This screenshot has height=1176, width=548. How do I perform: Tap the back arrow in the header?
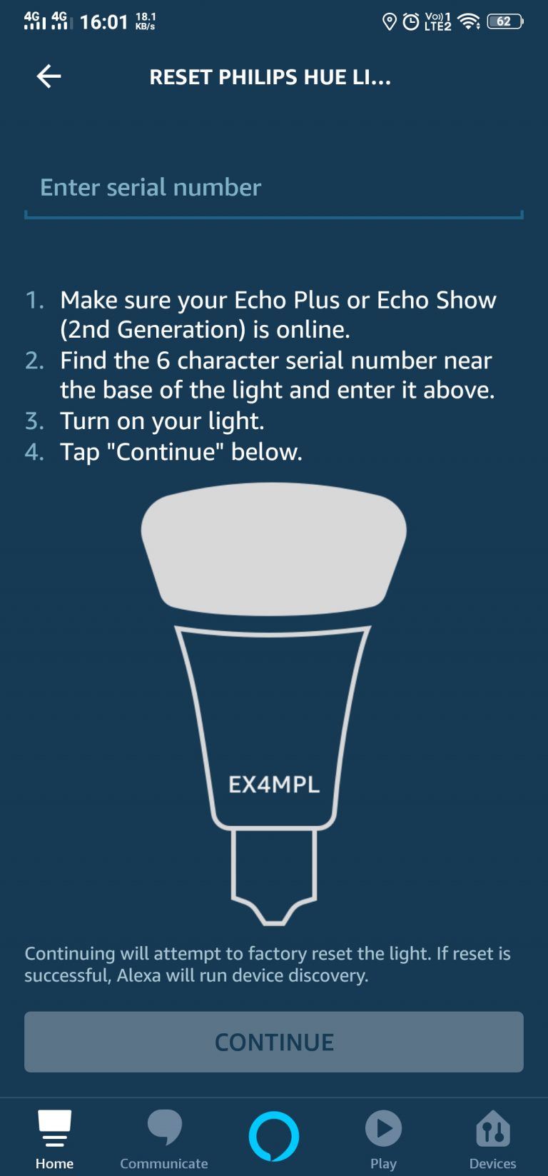click(x=49, y=76)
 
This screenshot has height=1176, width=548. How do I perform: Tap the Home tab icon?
click(x=54, y=1129)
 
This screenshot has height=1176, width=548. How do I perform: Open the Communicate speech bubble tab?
click(x=164, y=1127)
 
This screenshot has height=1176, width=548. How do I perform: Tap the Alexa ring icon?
click(x=274, y=1135)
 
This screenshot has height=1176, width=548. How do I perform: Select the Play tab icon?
click(x=383, y=1129)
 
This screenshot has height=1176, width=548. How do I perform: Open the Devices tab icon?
click(x=492, y=1129)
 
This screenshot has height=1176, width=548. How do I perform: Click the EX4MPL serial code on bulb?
click(x=274, y=785)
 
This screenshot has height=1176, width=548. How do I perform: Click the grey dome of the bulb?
click(x=273, y=546)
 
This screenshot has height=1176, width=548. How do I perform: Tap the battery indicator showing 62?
click(x=504, y=21)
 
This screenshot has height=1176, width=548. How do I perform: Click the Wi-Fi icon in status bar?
click(x=468, y=21)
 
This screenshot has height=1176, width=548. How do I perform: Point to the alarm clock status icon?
click(x=411, y=22)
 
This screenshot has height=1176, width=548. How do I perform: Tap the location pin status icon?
click(x=389, y=22)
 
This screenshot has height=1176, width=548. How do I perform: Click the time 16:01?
click(x=103, y=22)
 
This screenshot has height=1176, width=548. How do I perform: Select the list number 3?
click(x=34, y=421)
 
